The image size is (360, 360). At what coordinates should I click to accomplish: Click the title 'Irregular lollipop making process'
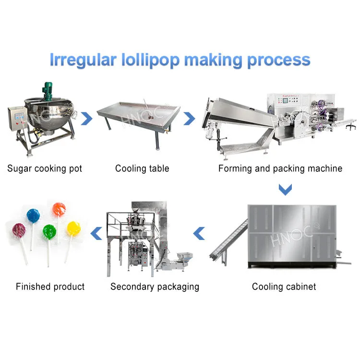[180, 60]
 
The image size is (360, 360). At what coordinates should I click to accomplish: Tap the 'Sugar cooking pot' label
[45, 168]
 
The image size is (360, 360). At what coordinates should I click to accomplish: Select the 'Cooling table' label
[142, 168]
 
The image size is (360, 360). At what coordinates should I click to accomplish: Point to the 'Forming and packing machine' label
[280, 168]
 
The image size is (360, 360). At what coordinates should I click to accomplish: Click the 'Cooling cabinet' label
[284, 287]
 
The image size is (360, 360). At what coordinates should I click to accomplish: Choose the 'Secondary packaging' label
[155, 287]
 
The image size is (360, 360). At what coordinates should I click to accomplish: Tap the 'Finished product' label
[50, 287]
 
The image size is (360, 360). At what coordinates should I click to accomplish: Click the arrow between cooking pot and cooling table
[87, 118]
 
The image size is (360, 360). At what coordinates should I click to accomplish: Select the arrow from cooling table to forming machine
[190, 118]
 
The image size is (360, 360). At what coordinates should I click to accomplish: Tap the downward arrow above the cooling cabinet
[286, 191]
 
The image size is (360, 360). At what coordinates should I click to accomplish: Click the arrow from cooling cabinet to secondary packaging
[199, 234]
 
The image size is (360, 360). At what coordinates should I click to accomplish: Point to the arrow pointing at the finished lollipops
[97, 234]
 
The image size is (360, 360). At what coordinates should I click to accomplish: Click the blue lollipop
[34, 216]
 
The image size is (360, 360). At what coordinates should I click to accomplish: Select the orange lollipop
[59, 209]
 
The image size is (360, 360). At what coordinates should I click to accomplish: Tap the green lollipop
[49, 232]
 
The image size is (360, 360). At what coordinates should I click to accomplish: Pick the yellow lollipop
[73, 228]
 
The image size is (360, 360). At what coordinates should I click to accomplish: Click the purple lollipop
[19, 230]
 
